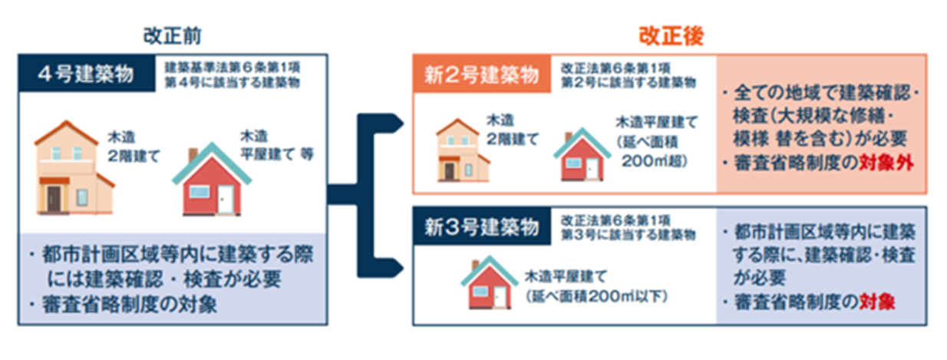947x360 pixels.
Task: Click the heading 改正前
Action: pos(172,35)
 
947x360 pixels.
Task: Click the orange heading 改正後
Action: pos(671,35)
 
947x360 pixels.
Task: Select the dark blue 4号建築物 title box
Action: pos(86,74)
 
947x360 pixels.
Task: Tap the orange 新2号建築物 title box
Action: pos(482,74)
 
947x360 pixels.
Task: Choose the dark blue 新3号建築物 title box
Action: pos(482,226)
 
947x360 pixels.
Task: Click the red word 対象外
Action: pos(886,163)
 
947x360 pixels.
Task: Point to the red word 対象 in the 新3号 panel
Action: pos(877,302)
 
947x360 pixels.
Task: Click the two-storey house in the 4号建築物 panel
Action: pos(74,168)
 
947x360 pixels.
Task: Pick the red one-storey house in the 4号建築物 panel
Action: pos(212,180)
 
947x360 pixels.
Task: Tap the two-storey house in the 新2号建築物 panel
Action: pos(464,150)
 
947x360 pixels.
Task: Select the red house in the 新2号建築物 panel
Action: pos(582,154)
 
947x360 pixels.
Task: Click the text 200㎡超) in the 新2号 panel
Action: pos(654,160)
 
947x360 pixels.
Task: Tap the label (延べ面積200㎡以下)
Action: pos(597,296)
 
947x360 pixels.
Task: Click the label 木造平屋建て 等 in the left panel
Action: pos(277,145)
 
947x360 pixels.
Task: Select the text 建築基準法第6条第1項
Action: pos(232,67)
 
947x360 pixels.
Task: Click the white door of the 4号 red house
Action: pos(226,200)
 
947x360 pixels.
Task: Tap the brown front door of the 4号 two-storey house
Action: pos(54,198)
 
